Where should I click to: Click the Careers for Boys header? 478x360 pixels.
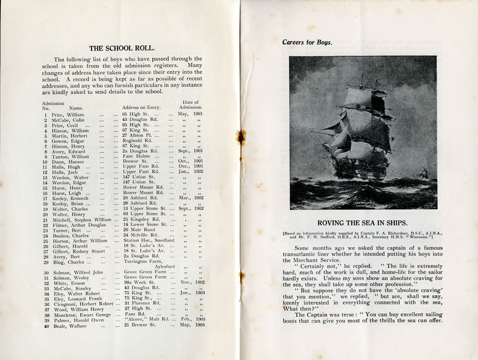point(307,42)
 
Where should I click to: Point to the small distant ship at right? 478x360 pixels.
point(423,175)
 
